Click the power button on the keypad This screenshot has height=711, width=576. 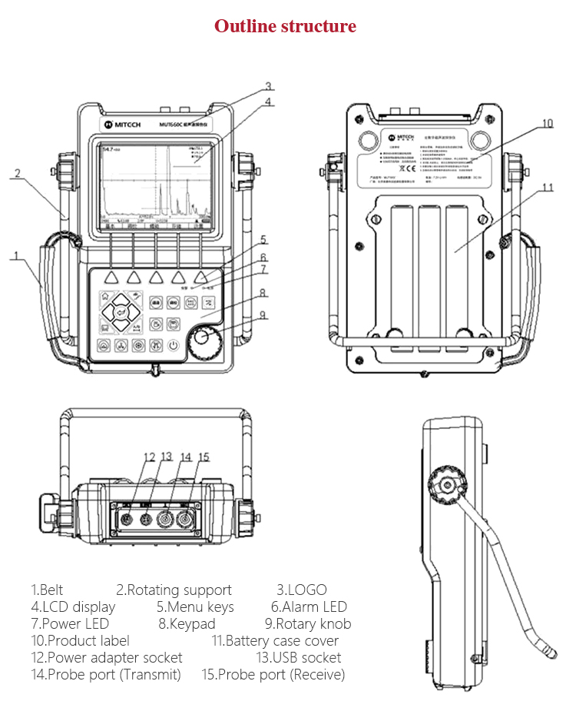(x=175, y=345)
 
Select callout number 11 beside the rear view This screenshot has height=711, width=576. (x=547, y=187)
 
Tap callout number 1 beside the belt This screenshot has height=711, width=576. (x=14, y=256)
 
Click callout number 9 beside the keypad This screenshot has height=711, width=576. (x=263, y=314)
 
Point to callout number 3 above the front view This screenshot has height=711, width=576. (x=268, y=86)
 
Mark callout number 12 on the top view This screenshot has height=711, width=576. (x=150, y=457)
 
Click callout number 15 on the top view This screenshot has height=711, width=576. (x=203, y=457)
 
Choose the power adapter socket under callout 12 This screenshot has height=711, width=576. (x=126, y=519)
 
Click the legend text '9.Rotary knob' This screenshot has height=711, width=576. (x=307, y=623)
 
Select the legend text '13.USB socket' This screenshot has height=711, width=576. (x=298, y=657)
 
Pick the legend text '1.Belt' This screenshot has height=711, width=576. (x=47, y=590)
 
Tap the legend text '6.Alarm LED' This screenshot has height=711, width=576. (x=309, y=606)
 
